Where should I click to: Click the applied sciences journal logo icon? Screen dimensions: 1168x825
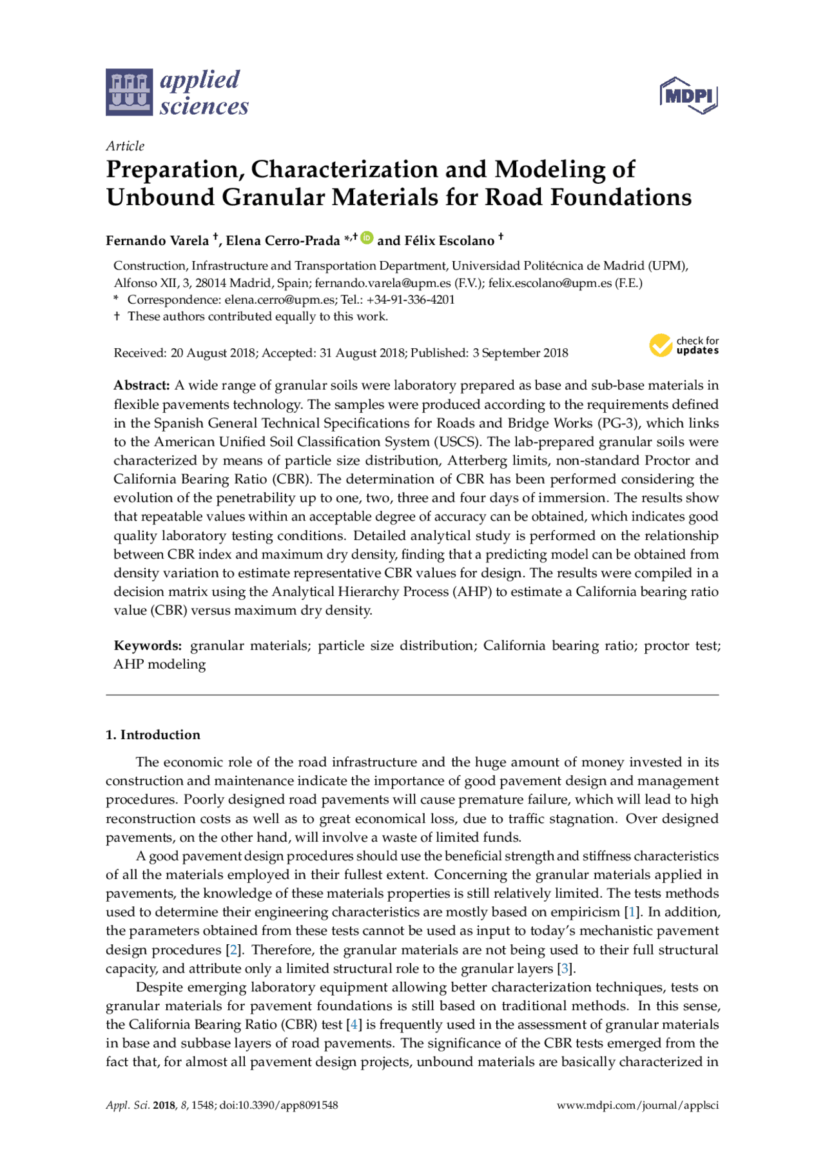[130, 92]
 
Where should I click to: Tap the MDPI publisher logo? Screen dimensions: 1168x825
[688, 95]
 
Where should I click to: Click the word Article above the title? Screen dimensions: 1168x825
[125, 146]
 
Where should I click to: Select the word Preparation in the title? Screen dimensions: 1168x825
[173, 170]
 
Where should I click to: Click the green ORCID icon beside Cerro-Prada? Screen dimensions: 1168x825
[367, 237]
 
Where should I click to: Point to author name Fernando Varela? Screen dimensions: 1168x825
[157, 241]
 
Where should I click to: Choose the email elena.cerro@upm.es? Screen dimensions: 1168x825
[280, 299]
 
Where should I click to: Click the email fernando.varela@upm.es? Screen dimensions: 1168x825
[383, 282]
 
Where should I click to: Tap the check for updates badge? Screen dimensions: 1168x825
[684, 346]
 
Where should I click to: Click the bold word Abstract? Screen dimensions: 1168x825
[142, 385]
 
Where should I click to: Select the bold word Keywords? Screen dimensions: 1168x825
[148, 646]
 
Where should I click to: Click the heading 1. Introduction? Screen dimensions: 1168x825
[153, 735]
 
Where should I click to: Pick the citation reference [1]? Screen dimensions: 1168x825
[632, 912]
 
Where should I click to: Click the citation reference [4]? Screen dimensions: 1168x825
[354, 1024]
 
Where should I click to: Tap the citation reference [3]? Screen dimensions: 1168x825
[565, 968]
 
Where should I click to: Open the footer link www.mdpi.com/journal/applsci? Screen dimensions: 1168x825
[637, 1105]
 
